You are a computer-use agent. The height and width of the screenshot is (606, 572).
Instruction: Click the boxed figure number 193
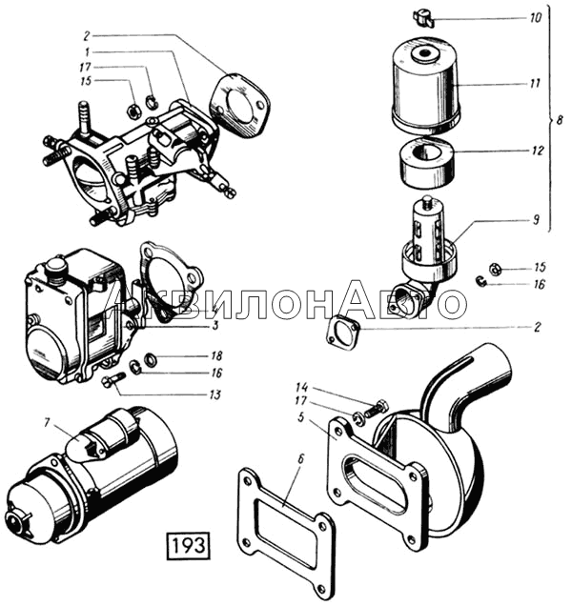pyautogui.click(x=189, y=546)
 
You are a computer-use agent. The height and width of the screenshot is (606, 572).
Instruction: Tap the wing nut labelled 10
pyautogui.click(x=423, y=19)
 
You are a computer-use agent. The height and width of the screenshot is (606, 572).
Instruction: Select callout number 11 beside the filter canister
pyautogui.click(x=535, y=84)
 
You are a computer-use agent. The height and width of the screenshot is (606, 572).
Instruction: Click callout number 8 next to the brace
pyautogui.click(x=560, y=120)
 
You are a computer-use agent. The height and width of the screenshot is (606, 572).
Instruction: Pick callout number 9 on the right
pyautogui.click(x=536, y=219)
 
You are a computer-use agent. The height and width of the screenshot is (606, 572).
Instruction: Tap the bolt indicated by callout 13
pyautogui.click(x=112, y=379)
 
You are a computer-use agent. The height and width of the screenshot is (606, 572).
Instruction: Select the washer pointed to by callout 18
pyautogui.click(x=150, y=359)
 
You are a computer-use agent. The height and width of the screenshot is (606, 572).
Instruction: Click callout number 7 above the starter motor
pyautogui.click(x=47, y=423)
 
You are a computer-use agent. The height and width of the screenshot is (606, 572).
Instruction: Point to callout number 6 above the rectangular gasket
pyautogui.click(x=301, y=458)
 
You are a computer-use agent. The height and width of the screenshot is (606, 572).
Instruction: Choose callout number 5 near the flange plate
pyautogui.click(x=300, y=417)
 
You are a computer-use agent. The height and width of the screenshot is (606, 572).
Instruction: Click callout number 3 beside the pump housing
pyautogui.click(x=215, y=325)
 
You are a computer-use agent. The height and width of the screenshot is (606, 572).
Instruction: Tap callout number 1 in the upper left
pyautogui.click(x=87, y=51)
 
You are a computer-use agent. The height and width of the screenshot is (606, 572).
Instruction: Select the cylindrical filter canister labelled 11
pyautogui.click(x=426, y=84)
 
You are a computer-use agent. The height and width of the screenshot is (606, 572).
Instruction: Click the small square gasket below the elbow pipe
pyautogui.click(x=343, y=333)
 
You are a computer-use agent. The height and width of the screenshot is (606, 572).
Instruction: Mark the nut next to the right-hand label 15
pyautogui.click(x=494, y=269)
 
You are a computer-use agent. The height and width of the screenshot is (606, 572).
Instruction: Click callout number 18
pyautogui.click(x=216, y=355)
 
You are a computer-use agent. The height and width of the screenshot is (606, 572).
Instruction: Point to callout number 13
pyautogui.click(x=214, y=394)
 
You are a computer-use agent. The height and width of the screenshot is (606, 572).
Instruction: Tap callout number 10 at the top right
pyautogui.click(x=536, y=18)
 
